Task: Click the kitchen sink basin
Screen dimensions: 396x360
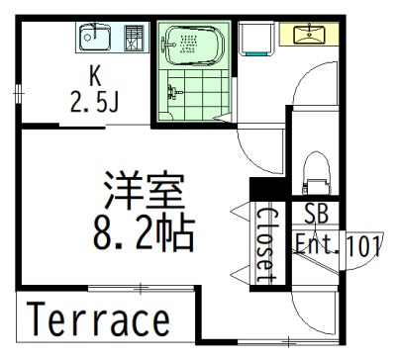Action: click(95, 38)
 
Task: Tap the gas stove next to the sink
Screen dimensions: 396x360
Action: click(134, 38)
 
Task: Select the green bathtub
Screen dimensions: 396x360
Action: click(194, 45)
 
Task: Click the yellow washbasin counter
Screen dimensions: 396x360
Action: click(309, 34)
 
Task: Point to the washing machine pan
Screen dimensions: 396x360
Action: click(256, 39)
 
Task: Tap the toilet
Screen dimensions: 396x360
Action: click(316, 173)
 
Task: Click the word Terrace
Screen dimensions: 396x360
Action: click(98, 319)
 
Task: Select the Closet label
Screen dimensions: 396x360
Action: click(266, 245)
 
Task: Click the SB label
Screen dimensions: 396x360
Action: click(317, 214)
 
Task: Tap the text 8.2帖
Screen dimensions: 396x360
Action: click(144, 233)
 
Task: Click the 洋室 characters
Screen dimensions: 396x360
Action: click(144, 191)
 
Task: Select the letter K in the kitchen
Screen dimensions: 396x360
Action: click(95, 76)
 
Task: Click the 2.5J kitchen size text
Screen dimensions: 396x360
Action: click(94, 102)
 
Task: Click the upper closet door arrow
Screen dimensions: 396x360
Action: click(241, 211)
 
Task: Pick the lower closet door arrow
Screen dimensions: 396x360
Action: click(241, 274)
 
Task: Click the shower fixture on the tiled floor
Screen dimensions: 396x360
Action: click(173, 92)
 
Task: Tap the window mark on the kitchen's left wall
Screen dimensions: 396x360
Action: click(19, 94)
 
